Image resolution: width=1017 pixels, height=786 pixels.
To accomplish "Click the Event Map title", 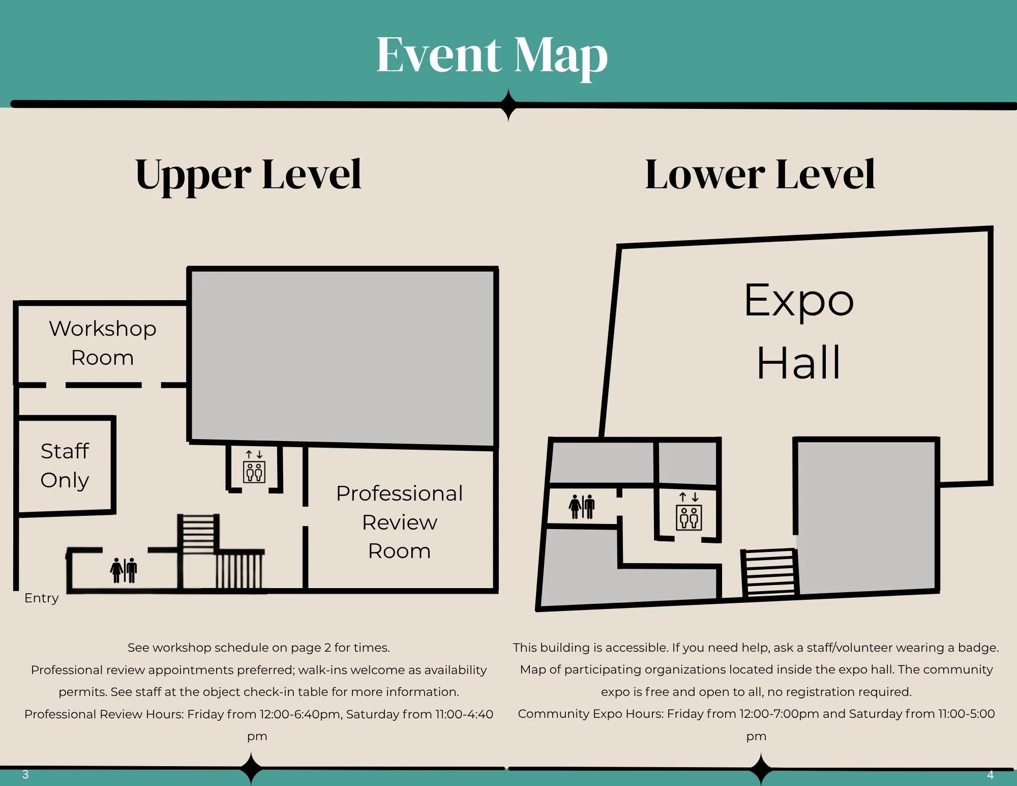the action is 492,56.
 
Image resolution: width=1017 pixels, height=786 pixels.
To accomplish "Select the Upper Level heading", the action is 248,175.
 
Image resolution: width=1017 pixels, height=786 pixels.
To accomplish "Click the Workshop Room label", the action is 103,343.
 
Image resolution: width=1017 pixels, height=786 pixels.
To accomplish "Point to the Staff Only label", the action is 65,465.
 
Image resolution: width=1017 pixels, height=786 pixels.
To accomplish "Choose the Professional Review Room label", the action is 400,522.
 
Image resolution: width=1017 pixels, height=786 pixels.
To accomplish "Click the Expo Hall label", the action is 799,331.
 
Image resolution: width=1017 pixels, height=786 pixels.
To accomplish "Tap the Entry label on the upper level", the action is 42,598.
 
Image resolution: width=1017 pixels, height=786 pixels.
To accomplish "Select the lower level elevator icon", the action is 689,512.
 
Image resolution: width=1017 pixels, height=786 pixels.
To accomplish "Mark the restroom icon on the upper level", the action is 124,570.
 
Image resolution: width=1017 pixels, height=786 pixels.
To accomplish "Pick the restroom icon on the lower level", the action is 582,507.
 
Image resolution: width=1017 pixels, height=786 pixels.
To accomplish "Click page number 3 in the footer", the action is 25,775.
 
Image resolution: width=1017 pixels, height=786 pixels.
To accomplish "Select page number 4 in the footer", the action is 990,775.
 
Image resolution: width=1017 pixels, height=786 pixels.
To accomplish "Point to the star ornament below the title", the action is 508,105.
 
